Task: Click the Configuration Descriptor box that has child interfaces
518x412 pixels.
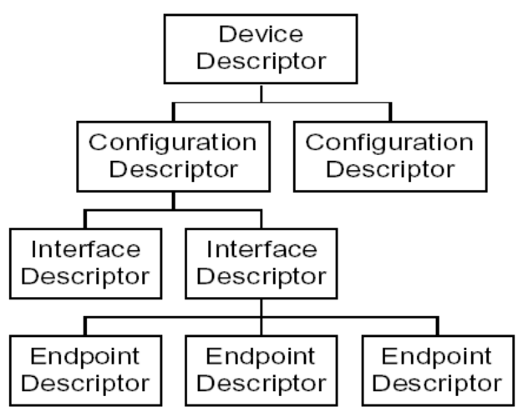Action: (173, 154)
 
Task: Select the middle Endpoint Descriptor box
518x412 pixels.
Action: (262, 368)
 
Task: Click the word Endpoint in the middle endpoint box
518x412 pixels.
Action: (262, 354)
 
